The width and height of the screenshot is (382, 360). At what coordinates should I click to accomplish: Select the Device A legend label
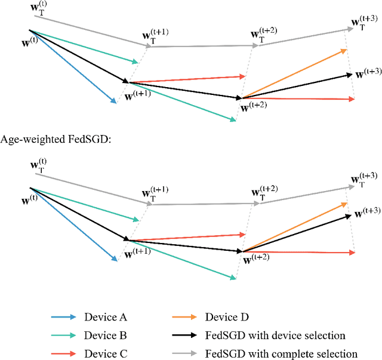tap(105, 317)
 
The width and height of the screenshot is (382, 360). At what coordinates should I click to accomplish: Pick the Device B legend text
tap(105, 336)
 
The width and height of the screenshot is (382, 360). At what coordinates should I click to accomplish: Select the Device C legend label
tap(105, 353)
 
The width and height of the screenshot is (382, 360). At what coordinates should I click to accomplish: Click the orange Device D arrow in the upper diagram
tap(295, 73)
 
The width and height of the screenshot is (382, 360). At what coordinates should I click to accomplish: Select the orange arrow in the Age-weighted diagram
tap(295, 227)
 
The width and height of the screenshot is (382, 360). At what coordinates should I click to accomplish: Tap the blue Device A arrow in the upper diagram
tap(72, 66)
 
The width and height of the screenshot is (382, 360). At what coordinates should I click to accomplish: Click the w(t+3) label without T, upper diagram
tap(369, 73)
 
